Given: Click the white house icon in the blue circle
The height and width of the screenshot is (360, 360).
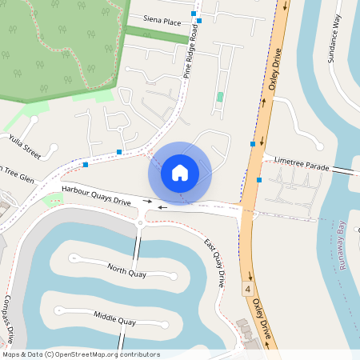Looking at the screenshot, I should (x=180, y=172).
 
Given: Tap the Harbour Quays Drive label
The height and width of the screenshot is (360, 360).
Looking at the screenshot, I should (x=95, y=195).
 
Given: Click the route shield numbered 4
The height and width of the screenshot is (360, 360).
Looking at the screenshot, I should (x=249, y=286).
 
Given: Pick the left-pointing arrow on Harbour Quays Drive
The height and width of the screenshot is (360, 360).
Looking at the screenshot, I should (x=162, y=207).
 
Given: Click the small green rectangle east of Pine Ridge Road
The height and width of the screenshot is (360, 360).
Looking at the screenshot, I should (x=219, y=98).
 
